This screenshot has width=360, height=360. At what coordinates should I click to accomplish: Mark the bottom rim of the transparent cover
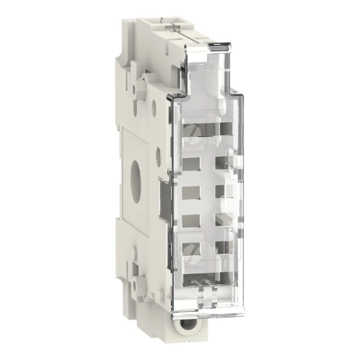(x=210, y=302)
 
